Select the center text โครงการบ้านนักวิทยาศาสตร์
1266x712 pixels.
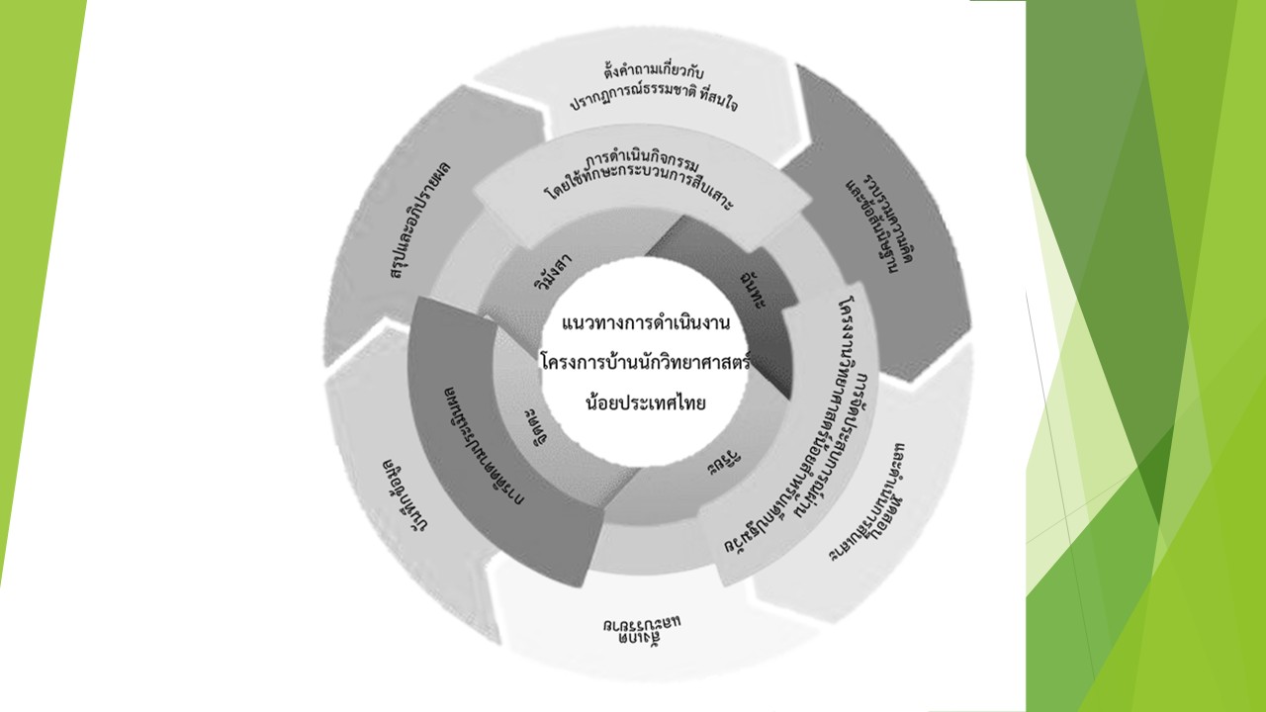click(x=646, y=363)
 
